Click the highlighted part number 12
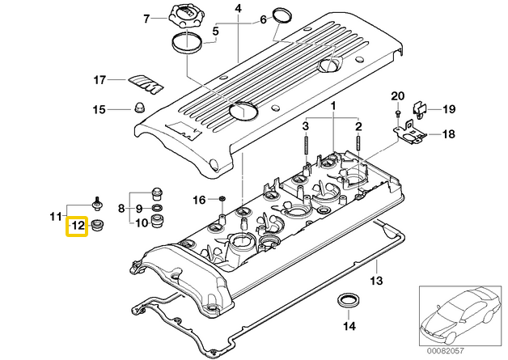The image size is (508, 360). (x=78, y=226)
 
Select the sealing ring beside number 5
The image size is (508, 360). (x=187, y=43)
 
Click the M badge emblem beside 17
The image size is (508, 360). (x=146, y=83)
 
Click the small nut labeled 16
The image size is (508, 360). (x=222, y=198)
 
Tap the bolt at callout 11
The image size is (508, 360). (x=97, y=202)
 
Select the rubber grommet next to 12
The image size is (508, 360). (x=97, y=225)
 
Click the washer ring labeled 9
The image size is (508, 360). (x=158, y=208)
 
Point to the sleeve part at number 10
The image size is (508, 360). (x=158, y=222)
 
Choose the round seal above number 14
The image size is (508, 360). (x=348, y=300)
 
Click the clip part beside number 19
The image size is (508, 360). (x=420, y=109)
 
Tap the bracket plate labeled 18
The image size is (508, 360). (x=409, y=132)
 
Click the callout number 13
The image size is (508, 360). (x=376, y=280)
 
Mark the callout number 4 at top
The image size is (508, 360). (x=238, y=8)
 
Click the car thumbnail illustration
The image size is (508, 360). (x=460, y=316)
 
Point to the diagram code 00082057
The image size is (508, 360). (x=446, y=350)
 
